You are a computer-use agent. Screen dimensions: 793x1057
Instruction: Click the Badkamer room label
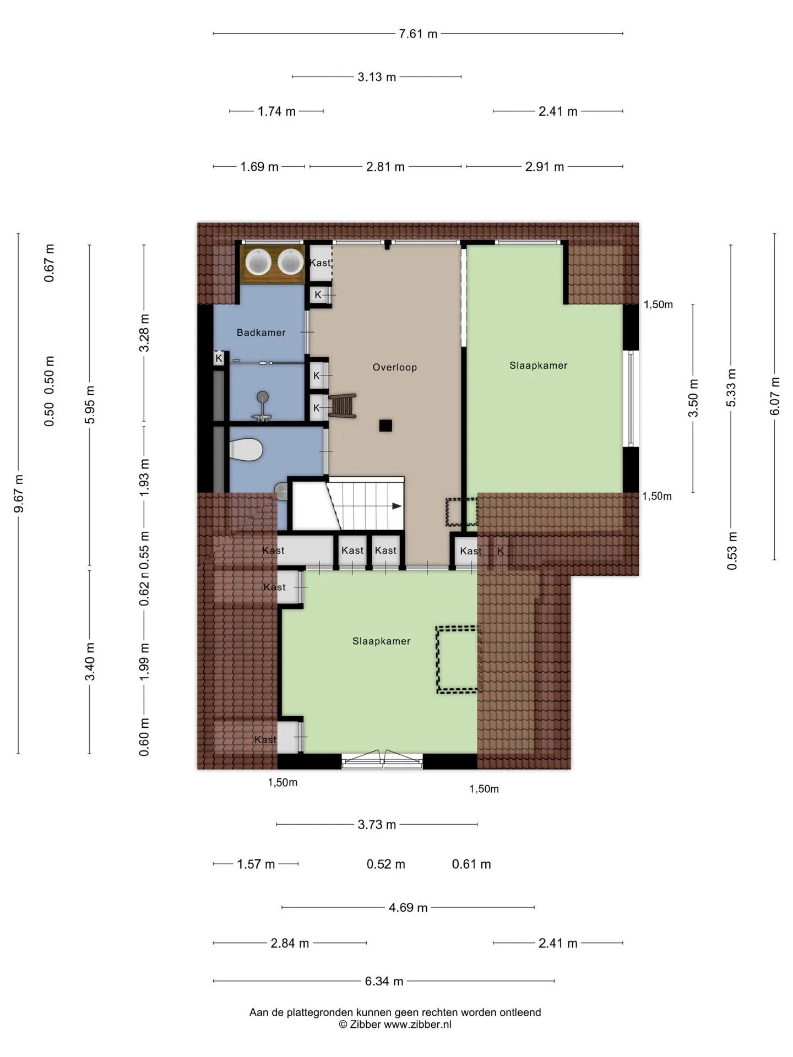tap(261, 333)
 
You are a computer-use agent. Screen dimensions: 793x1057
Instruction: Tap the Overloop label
tap(395, 367)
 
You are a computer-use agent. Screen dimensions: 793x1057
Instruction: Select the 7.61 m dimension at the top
tap(418, 34)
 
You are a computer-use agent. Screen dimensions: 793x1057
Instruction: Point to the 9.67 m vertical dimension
tap(19, 493)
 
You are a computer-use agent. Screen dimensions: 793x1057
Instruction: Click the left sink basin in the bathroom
tap(258, 261)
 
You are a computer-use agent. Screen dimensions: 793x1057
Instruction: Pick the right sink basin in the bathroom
tap(290, 261)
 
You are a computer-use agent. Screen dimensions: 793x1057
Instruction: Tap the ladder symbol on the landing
tap(343, 406)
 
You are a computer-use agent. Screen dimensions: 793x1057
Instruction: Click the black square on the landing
tap(385, 425)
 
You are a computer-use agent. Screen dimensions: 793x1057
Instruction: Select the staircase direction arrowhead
tap(397, 506)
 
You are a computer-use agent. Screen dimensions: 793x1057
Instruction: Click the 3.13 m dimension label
tap(377, 77)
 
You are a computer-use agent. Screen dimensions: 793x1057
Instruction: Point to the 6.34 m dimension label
tap(384, 981)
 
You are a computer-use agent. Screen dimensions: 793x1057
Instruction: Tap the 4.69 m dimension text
tap(408, 907)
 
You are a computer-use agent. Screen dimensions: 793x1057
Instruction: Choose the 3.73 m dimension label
tap(377, 825)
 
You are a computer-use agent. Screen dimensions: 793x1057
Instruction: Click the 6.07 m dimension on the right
tap(775, 396)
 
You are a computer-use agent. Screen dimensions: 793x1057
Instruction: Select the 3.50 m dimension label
tap(693, 398)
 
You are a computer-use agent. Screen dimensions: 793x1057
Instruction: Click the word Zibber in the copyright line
tap(365, 1025)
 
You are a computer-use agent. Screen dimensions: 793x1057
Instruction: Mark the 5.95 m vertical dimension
tap(90, 405)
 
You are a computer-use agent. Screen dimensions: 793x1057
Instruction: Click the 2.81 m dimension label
tap(385, 167)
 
